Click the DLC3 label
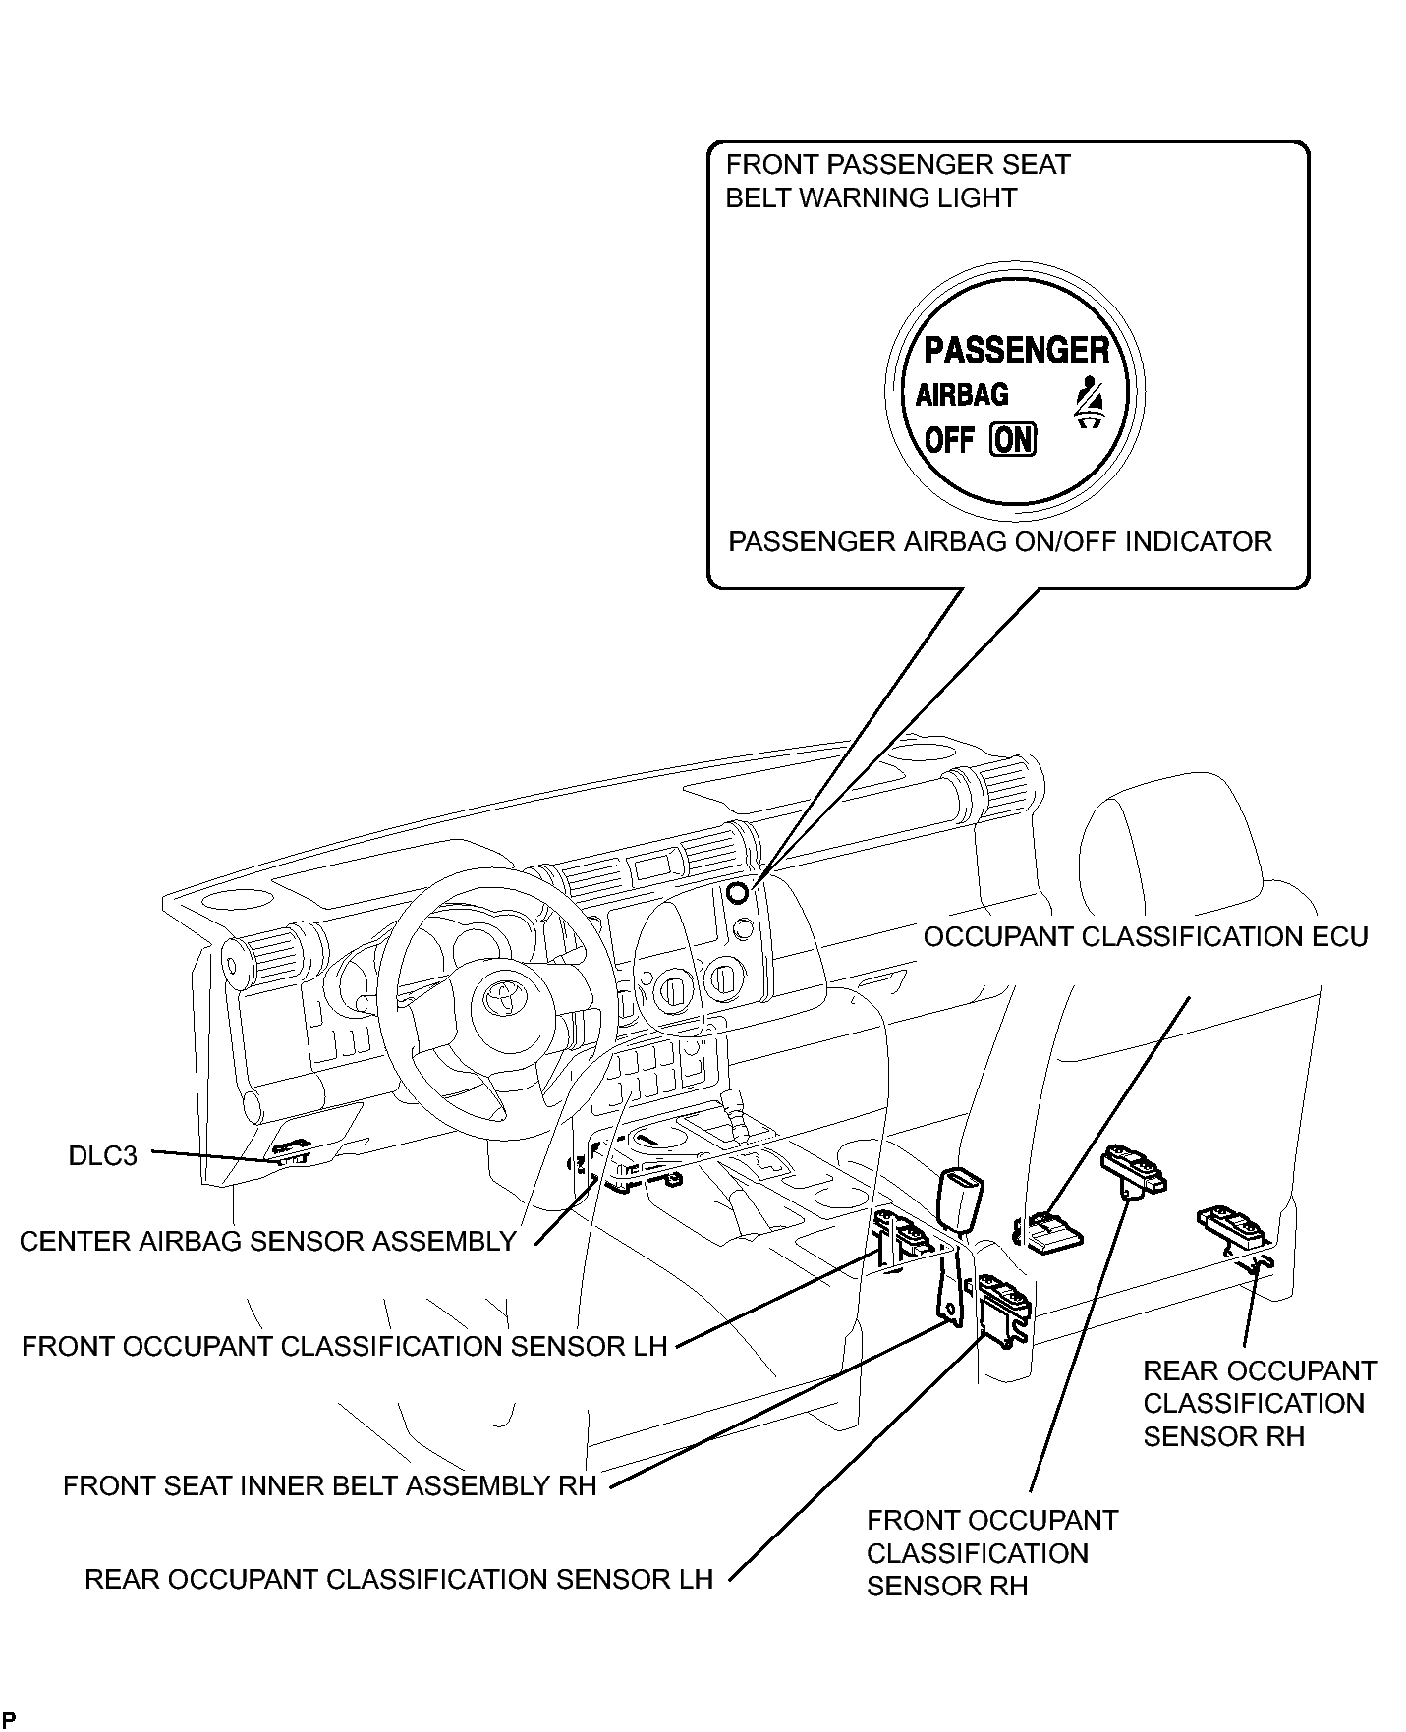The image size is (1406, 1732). (x=102, y=1155)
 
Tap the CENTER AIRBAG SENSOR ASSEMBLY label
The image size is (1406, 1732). (x=267, y=1241)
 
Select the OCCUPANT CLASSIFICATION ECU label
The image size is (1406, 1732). (x=1145, y=936)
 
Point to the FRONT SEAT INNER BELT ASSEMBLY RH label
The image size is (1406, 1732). (x=329, y=1484)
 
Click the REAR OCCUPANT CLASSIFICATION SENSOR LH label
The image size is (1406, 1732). (x=398, y=1579)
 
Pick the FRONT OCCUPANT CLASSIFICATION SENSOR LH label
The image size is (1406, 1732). (x=344, y=1345)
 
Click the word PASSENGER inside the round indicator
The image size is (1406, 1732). (x=1016, y=350)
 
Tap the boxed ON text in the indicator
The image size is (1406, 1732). (x=1013, y=439)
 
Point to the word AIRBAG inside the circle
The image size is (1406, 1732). (x=962, y=395)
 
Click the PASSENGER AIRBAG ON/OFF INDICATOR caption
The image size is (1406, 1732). (x=999, y=541)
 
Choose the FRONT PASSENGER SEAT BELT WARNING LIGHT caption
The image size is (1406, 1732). (x=897, y=181)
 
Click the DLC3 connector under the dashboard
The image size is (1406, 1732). (x=291, y=1151)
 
